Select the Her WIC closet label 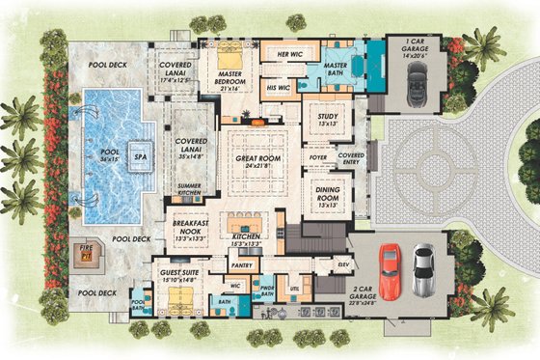click(287, 53)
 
